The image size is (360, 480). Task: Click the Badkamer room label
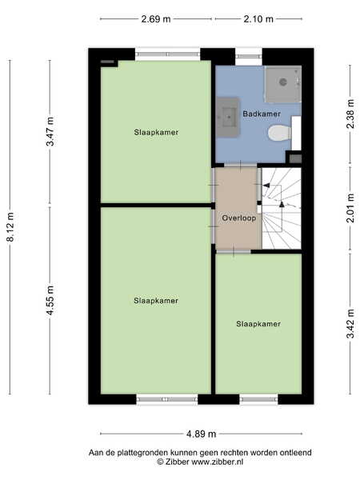tap(262, 114)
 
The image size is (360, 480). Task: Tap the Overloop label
tap(238, 218)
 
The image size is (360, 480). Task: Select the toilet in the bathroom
tap(280, 133)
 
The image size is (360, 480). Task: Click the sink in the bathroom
tap(228, 118)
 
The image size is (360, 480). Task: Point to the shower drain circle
tap(283, 82)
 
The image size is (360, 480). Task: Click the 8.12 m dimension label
tap(10, 227)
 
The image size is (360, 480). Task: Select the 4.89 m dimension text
tap(201, 434)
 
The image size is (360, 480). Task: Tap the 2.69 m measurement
tap(156, 19)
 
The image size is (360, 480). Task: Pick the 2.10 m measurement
tap(258, 19)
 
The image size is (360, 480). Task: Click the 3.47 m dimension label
tap(50, 131)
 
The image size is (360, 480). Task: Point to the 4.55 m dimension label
tap(50, 300)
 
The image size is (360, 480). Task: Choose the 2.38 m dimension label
tap(351, 114)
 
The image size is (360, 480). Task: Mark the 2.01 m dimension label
tap(351, 208)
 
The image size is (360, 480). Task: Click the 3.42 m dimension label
tap(351, 324)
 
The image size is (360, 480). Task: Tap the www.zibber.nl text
tap(218, 462)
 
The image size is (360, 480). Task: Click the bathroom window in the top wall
tap(249, 56)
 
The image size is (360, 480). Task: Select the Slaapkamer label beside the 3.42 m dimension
tap(258, 324)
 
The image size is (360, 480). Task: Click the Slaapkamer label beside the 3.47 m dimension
tap(156, 132)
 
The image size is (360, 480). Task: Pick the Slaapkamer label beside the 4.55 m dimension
tap(156, 301)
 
